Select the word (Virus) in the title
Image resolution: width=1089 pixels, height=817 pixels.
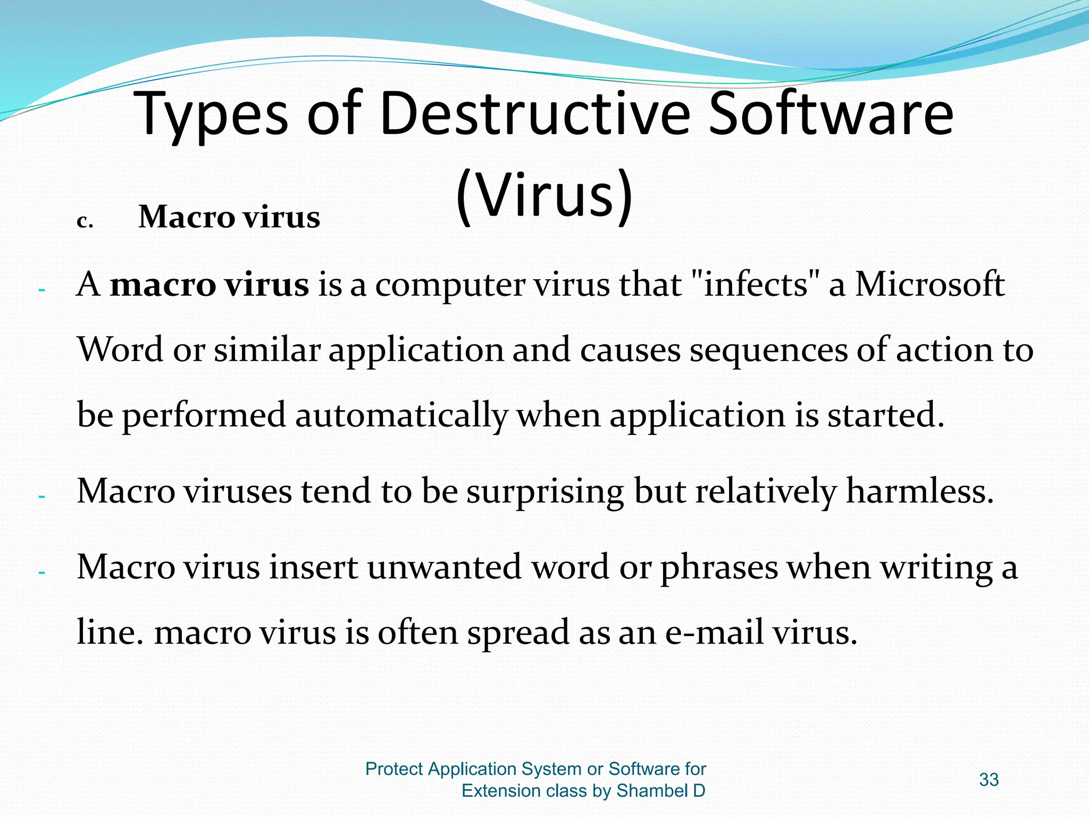tap(544, 195)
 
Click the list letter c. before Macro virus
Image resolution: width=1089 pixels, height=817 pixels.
tap(85, 221)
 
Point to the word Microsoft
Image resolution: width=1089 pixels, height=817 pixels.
tap(929, 285)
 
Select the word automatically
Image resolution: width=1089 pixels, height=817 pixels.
tap(401, 415)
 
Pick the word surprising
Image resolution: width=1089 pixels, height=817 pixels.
tap(545, 491)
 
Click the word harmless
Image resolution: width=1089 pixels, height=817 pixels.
tap(919, 491)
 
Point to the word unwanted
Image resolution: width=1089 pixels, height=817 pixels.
tap(445, 567)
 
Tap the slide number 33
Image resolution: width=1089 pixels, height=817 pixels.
tap(989, 780)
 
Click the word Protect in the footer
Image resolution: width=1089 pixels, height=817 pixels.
tap(394, 769)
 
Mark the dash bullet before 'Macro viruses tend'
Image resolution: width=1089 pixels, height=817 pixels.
tap(42, 497)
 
